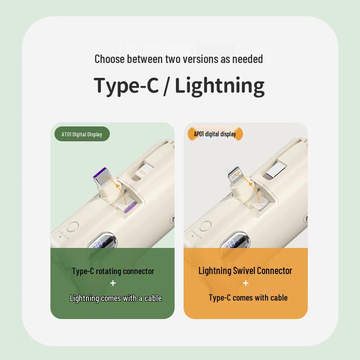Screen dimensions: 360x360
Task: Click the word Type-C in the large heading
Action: click(x=126, y=86)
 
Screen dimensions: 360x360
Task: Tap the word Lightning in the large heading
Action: click(x=220, y=86)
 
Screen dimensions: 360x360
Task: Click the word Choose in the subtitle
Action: click(x=109, y=59)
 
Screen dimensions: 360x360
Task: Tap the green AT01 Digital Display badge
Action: click(x=82, y=134)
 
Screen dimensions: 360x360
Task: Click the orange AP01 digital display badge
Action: click(x=215, y=134)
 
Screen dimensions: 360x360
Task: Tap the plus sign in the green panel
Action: click(x=113, y=283)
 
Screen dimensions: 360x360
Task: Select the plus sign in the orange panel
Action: click(x=246, y=283)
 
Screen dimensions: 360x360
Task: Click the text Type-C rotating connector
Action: click(x=113, y=271)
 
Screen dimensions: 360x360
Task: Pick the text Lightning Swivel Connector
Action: click(x=245, y=271)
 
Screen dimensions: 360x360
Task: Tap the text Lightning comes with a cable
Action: click(x=116, y=298)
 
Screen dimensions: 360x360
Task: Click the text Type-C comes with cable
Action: click(x=248, y=298)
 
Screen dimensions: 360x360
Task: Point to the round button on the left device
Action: click(x=73, y=227)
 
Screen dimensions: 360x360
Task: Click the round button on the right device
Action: click(x=206, y=226)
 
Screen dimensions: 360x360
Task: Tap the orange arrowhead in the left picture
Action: click(x=118, y=185)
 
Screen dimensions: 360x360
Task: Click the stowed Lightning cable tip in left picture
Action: click(x=142, y=171)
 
